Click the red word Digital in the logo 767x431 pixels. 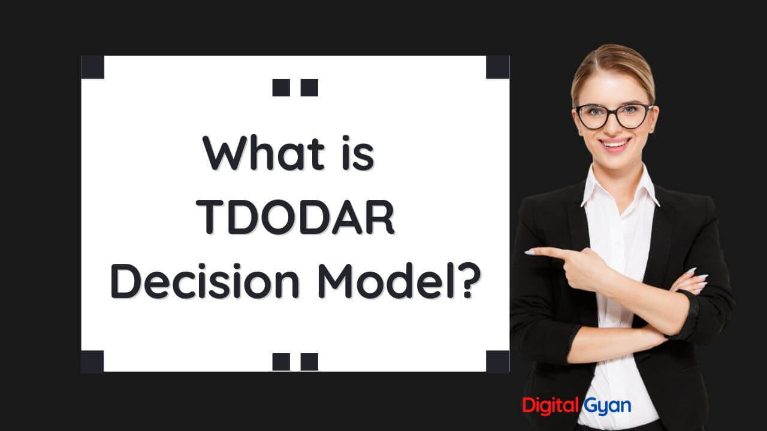click(x=549, y=405)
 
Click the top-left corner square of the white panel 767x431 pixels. click(x=93, y=67)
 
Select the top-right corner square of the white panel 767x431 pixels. click(x=497, y=67)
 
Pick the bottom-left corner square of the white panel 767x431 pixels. click(x=93, y=361)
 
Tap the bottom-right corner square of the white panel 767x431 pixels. click(x=497, y=361)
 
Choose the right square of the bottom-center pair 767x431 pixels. click(x=309, y=362)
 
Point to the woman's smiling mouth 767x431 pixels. click(x=615, y=143)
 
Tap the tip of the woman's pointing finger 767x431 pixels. click(x=529, y=253)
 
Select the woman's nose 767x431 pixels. click(x=614, y=127)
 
